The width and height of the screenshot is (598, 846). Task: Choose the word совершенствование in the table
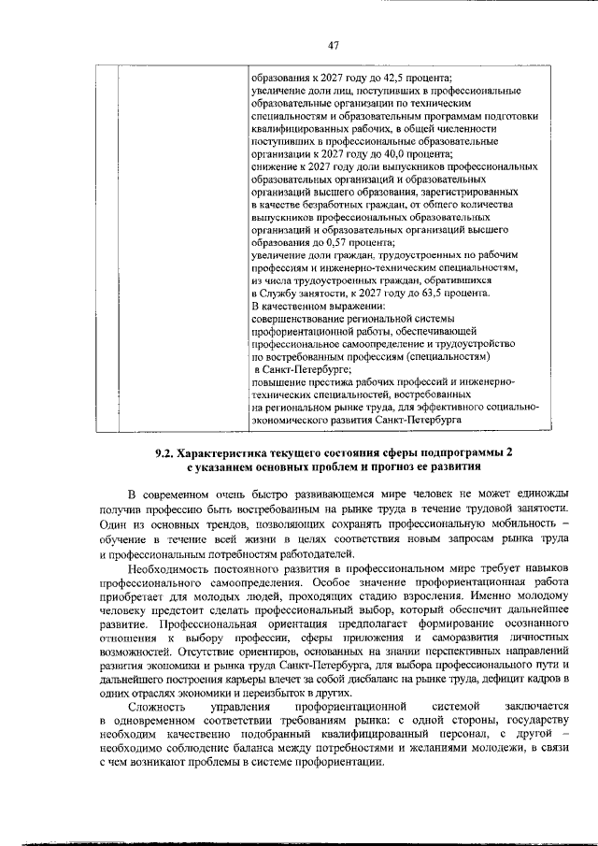[x=303, y=318]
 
